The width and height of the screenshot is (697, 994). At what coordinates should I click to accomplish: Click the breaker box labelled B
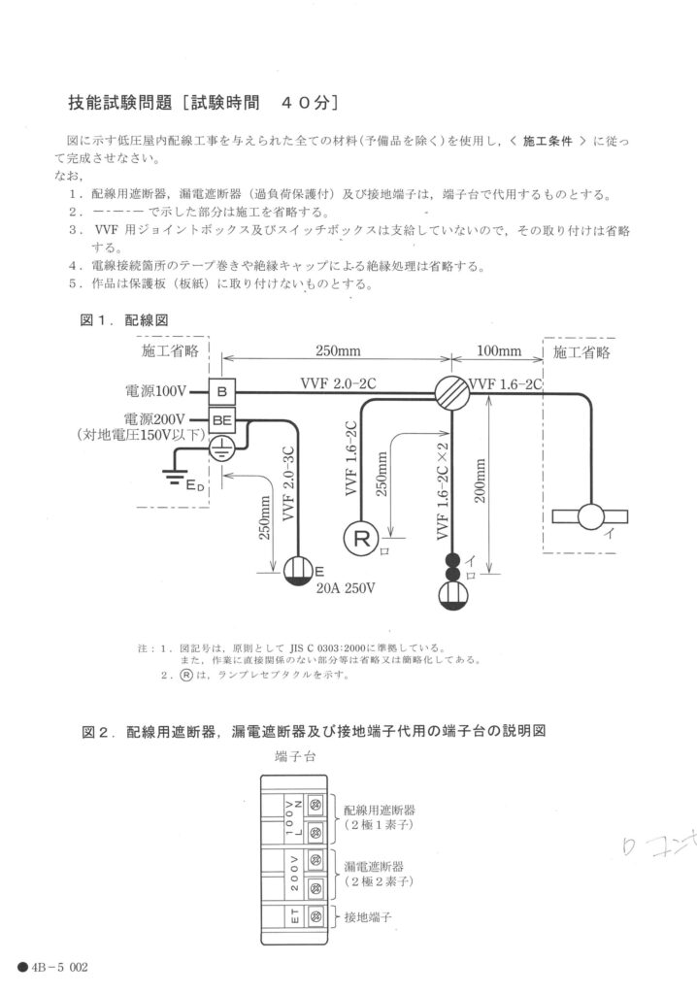point(222,392)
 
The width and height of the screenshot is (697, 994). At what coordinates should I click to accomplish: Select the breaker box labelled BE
point(222,420)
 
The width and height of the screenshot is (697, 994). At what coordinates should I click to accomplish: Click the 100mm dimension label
point(498,350)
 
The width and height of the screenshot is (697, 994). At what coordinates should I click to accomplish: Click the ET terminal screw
point(315,915)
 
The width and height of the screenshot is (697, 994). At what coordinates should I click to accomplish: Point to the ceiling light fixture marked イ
point(590,515)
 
